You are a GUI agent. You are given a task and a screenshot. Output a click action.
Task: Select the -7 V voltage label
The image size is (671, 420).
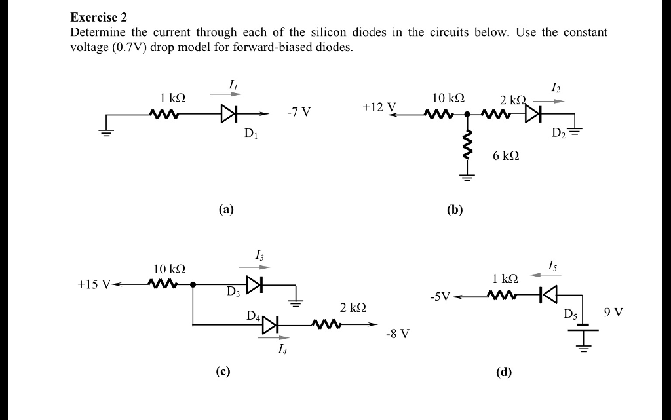click(x=299, y=112)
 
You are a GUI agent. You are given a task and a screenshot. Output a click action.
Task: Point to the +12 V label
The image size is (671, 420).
click(x=379, y=106)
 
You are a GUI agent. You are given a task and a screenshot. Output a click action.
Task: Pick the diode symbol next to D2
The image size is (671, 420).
click(x=532, y=114)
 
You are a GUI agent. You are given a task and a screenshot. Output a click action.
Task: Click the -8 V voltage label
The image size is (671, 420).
click(x=398, y=334)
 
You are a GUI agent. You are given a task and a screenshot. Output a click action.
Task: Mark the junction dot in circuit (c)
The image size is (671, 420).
click(x=193, y=285)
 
